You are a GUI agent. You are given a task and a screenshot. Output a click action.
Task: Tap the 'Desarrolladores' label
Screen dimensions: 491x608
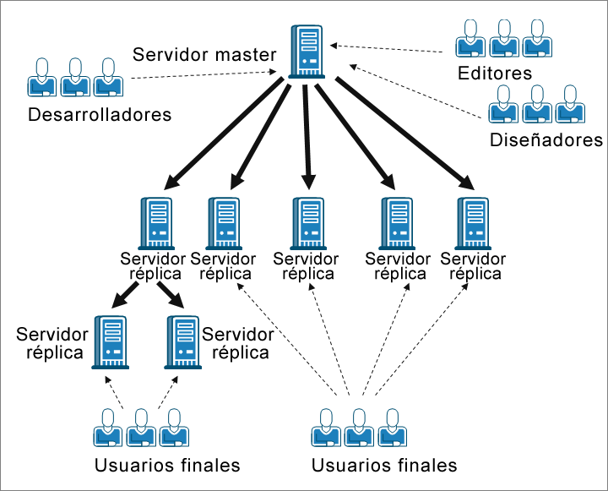(x=100, y=114)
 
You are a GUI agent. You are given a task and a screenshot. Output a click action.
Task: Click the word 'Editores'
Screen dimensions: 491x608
(x=495, y=73)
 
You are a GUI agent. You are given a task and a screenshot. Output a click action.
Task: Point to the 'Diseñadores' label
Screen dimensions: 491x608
(x=546, y=139)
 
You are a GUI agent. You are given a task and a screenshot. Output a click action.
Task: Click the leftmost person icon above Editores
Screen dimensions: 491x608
(x=469, y=37)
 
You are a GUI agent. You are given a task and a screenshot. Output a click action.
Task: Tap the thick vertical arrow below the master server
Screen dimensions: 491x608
(x=307, y=135)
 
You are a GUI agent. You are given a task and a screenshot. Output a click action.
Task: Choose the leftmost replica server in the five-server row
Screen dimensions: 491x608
(x=157, y=222)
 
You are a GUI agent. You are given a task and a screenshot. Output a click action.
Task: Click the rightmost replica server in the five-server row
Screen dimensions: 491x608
(x=472, y=222)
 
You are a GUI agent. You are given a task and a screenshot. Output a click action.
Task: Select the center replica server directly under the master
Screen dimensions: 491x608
(x=307, y=222)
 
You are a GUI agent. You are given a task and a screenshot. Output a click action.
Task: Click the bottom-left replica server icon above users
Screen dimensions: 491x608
(x=110, y=342)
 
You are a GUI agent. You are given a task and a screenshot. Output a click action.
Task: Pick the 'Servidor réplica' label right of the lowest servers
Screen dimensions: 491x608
(x=238, y=343)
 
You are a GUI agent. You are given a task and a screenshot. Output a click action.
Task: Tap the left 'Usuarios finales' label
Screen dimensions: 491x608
(x=167, y=465)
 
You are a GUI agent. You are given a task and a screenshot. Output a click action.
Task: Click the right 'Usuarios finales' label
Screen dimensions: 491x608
(x=384, y=465)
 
